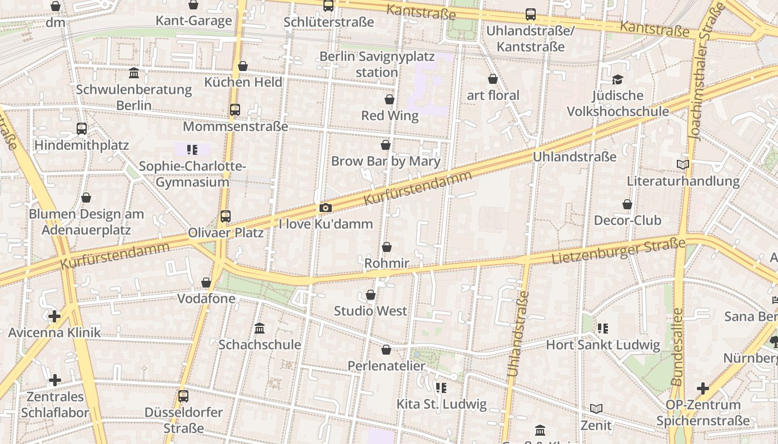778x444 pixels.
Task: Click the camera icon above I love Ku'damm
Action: [326, 208]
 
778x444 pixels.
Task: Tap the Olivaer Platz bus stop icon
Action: [225, 216]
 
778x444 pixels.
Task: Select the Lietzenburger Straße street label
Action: [618, 251]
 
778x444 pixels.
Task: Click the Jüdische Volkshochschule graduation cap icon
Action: [617, 79]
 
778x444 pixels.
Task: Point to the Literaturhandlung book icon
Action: [683, 165]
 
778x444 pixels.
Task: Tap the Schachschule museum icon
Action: [260, 328]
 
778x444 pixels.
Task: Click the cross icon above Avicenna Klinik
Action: [54, 317]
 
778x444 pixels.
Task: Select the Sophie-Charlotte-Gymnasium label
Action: [192, 174]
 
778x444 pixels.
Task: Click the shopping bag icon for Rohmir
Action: [387, 247]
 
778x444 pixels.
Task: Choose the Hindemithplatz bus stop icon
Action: [82, 129]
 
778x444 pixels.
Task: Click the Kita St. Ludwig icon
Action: [441, 387]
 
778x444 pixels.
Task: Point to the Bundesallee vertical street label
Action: [677, 347]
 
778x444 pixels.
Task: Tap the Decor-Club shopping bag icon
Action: [627, 204]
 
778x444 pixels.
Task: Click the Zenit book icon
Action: [596, 409]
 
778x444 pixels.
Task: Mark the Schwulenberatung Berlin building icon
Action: [134, 73]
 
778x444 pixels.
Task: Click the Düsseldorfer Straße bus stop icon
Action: [183, 396]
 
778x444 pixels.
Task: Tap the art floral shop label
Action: [493, 95]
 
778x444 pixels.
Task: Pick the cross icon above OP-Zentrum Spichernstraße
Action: [703, 389]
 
